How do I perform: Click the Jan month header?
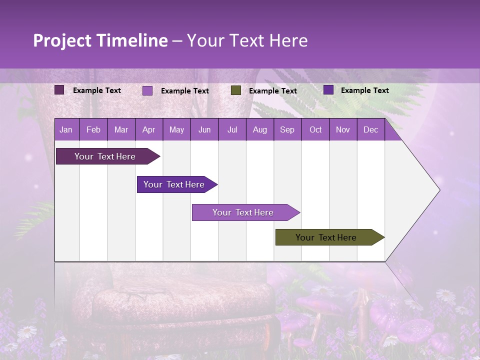click(x=66, y=129)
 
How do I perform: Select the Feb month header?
click(x=93, y=129)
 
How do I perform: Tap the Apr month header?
click(x=148, y=129)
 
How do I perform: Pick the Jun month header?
click(x=204, y=129)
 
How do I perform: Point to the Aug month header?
click(x=259, y=129)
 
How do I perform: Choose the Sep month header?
click(x=287, y=129)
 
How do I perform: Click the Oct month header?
click(x=315, y=129)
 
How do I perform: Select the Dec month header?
click(x=370, y=129)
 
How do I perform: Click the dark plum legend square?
click(x=59, y=90)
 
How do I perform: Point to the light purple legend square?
click(x=147, y=90)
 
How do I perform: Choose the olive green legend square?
click(x=236, y=90)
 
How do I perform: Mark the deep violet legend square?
click(x=328, y=90)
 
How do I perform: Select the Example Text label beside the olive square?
click(x=272, y=91)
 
